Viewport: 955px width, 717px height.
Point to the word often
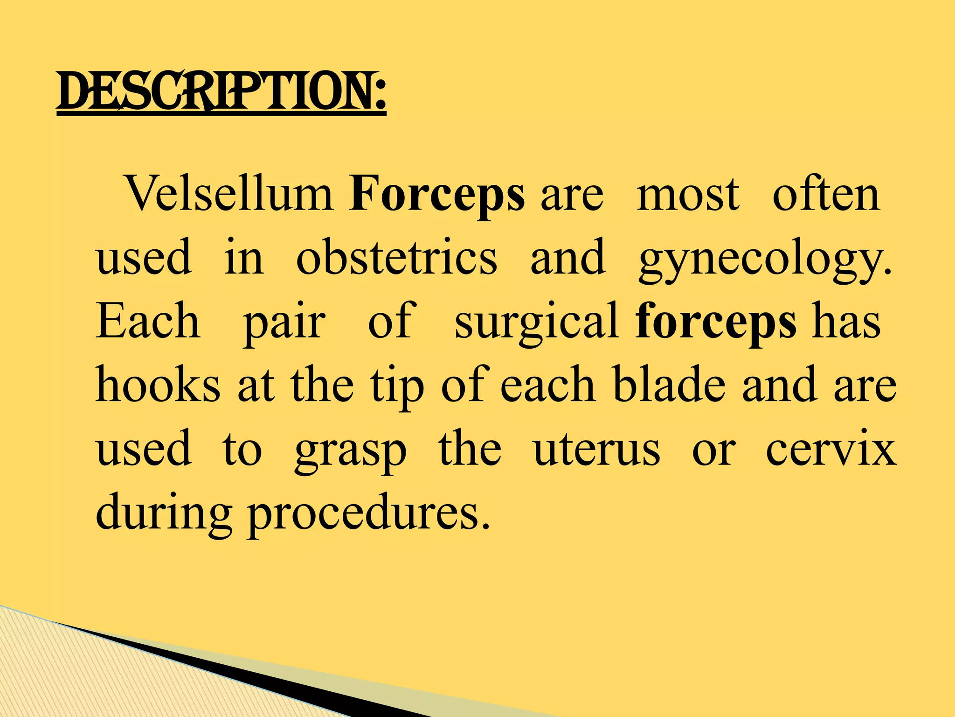click(826, 194)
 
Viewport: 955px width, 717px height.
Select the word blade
click(669, 386)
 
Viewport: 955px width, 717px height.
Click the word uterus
click(596, 451)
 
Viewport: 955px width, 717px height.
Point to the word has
click(846, 322)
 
